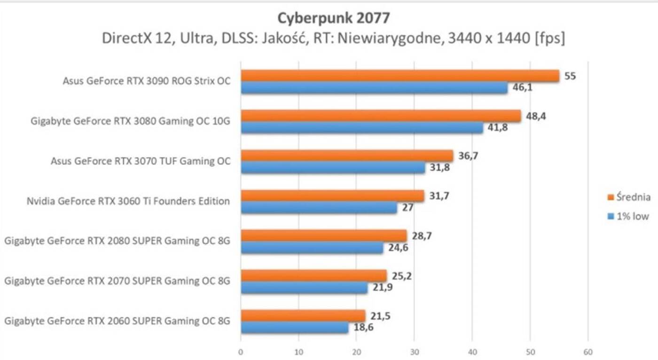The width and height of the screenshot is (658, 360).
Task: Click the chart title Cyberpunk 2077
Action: [x=333, y=18]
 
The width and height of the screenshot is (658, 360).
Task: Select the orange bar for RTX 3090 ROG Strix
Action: [x=399, y=76]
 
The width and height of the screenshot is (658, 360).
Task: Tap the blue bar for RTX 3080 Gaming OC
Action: [x=362, y=128]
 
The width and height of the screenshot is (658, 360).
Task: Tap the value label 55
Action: [x=570, y=76]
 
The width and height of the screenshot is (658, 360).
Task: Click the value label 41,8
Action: [x=497, y=127]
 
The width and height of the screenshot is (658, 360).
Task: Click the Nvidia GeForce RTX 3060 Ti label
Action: [x=128, y=201]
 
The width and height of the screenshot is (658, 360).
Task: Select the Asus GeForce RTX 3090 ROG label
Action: [x=147, y=81]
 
